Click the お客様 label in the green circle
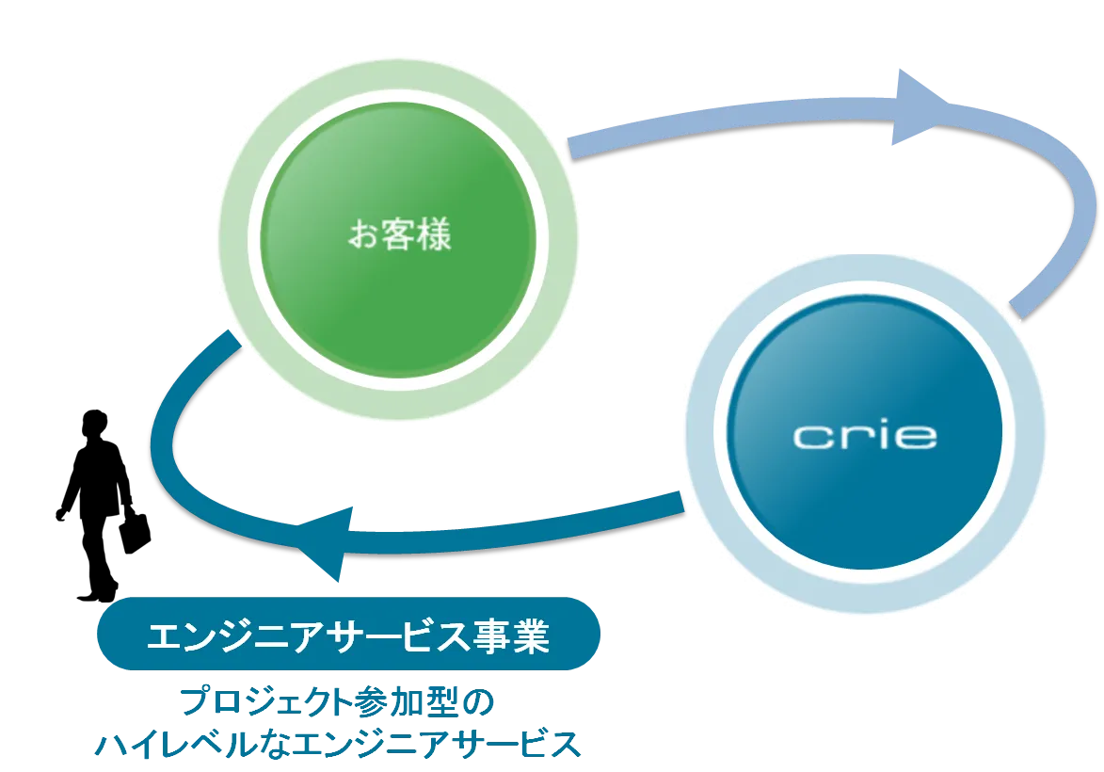[400, 234]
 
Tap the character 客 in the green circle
[399, 234]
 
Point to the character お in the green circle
[364, 234]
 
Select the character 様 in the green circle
[434, 234]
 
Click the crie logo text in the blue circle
[864, 436]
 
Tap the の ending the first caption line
[479, 703]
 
